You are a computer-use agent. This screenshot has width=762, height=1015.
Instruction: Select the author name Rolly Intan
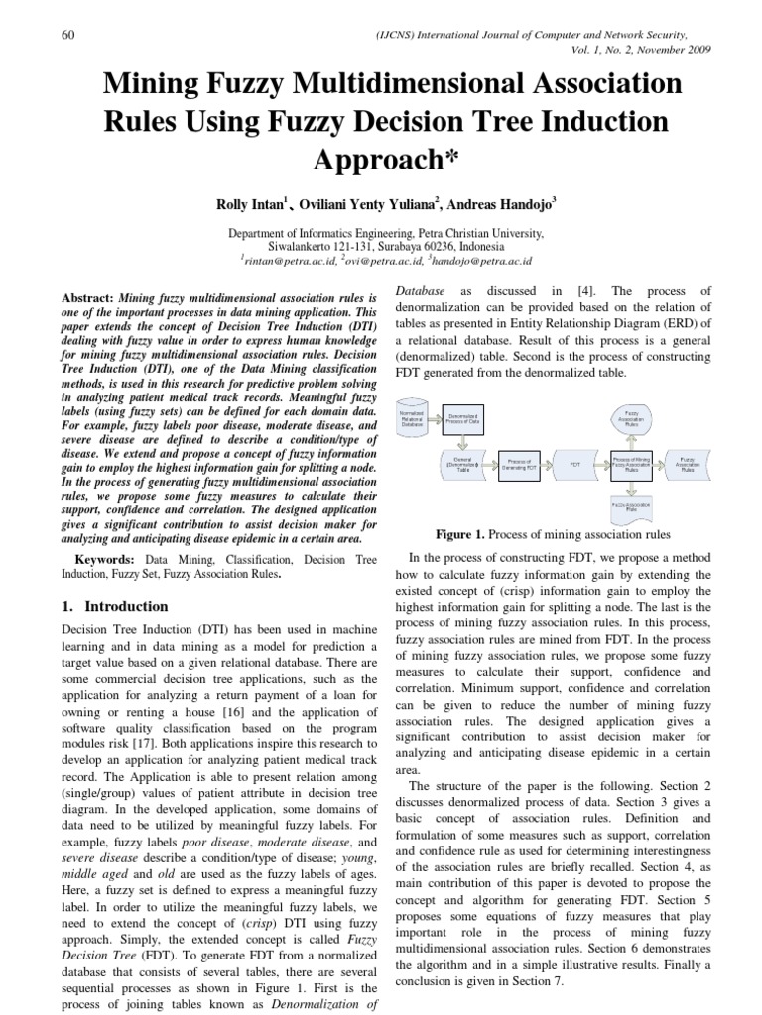point(249,205)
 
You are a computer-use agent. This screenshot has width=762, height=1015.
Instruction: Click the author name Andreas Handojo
point(500,205)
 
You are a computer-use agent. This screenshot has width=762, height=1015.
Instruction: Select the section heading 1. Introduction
point(115,606)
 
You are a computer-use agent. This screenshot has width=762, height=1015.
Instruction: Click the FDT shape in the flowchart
point(574,463)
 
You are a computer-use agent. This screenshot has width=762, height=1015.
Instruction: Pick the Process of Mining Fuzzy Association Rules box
point(631,463)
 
